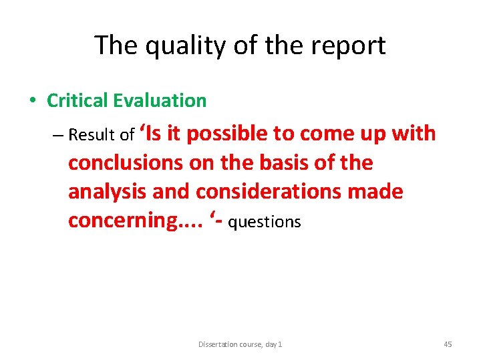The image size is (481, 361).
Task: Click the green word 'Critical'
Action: click(x=77, y=101)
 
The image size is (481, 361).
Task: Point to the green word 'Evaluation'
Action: click(x=160, y=101)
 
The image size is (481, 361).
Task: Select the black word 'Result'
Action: click(x=93, y=135)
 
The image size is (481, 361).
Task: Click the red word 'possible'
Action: click(x=227, y=134)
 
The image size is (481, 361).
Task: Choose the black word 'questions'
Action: click(x=265, y=223)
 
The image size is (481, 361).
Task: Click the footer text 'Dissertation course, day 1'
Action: click(x=240, y=344)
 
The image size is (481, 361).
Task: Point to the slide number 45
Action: click(x=447, y=344)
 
